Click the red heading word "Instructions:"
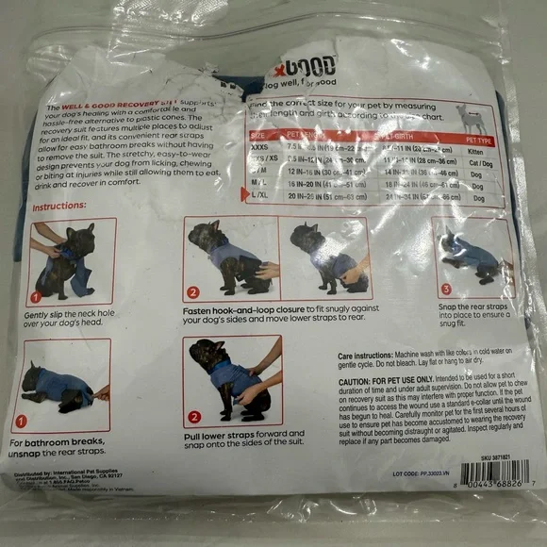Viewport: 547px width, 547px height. coord(60,206)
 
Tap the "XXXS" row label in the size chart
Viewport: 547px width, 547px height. coord(259,148)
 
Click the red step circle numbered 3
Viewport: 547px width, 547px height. coord(445,289)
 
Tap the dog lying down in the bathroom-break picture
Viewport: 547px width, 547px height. coord(58,385)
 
